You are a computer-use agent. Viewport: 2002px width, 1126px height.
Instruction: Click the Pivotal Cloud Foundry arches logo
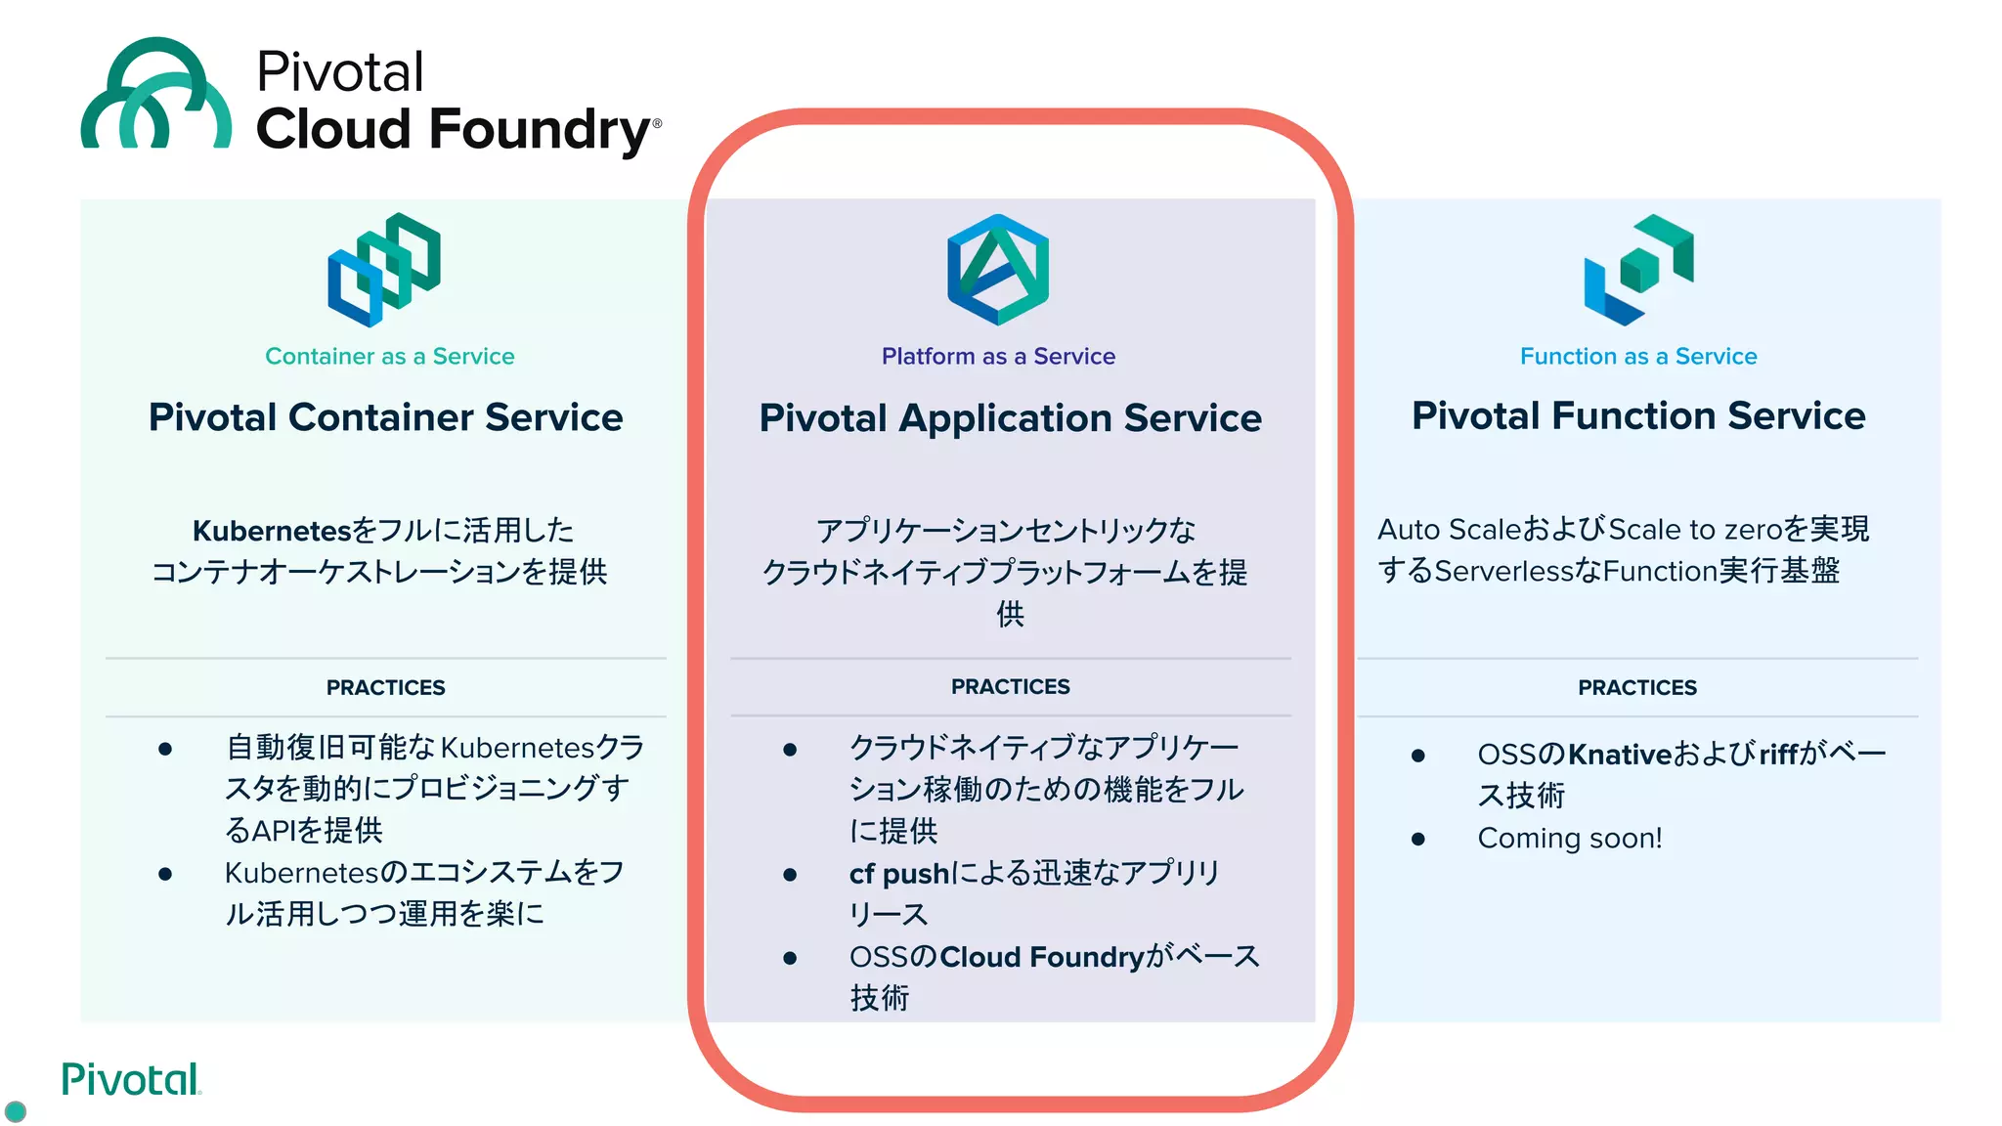156,95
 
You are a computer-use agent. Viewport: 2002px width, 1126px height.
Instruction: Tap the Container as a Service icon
384,269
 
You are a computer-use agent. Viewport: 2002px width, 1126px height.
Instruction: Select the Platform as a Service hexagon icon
998,270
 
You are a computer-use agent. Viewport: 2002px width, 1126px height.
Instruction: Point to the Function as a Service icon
1638,270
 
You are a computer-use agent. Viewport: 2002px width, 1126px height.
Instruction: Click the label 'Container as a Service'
389,357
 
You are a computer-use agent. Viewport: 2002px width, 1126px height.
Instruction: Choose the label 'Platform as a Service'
998,357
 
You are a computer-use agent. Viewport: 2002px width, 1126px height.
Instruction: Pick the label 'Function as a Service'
1638,357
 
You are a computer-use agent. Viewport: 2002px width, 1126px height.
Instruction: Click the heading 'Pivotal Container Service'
385,417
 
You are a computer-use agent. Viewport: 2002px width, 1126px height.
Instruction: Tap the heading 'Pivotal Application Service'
1010,418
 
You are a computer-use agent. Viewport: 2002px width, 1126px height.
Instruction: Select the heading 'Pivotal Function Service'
1638,416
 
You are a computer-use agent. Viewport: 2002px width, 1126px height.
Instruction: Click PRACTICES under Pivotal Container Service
385,688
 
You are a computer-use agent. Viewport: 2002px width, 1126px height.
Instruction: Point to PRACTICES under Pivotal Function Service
1637,688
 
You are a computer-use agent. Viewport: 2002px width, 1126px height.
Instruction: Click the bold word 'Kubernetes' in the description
271,531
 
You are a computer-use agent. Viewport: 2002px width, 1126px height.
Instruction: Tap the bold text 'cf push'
898,874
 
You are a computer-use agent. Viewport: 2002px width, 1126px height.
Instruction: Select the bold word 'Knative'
1620,755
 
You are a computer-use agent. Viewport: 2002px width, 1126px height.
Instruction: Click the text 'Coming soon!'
1569,839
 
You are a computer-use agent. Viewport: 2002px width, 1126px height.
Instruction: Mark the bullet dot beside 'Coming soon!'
1418,839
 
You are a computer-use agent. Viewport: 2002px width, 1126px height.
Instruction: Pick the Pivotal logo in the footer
130,1080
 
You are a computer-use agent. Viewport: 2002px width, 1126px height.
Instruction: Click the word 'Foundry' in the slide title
540,130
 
